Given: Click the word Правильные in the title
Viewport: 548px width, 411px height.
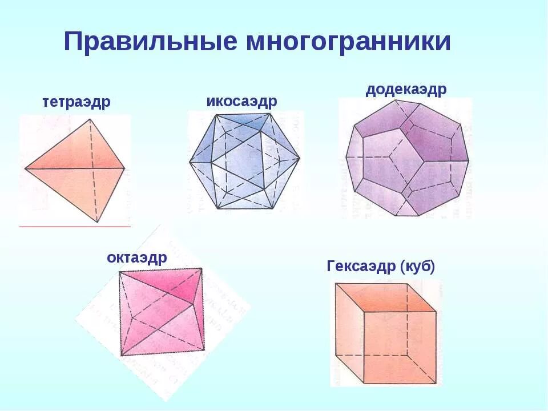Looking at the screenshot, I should pyautogui.click(x=150, y=42).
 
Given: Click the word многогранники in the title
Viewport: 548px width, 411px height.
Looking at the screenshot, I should pyautogui.click(x=349, y=42).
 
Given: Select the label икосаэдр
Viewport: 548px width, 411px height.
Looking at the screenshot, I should pyautogui.click(x=241, y=101).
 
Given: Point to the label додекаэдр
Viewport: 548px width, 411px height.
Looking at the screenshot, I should pyautogui.click(x=406, y=90).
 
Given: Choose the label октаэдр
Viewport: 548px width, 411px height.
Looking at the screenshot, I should pyautogui.click(x=137, y=257).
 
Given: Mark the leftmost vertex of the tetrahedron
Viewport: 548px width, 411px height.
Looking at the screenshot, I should pyautogui.click(x=25, y=168).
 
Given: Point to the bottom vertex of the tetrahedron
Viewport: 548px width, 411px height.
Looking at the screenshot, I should pyautogui.click(x=97, y=222).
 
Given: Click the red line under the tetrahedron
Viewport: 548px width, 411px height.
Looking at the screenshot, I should pyautogui.click(x=75, y=227).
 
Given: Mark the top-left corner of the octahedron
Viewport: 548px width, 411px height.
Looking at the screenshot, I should pyautogui.click(x=119, y=271).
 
